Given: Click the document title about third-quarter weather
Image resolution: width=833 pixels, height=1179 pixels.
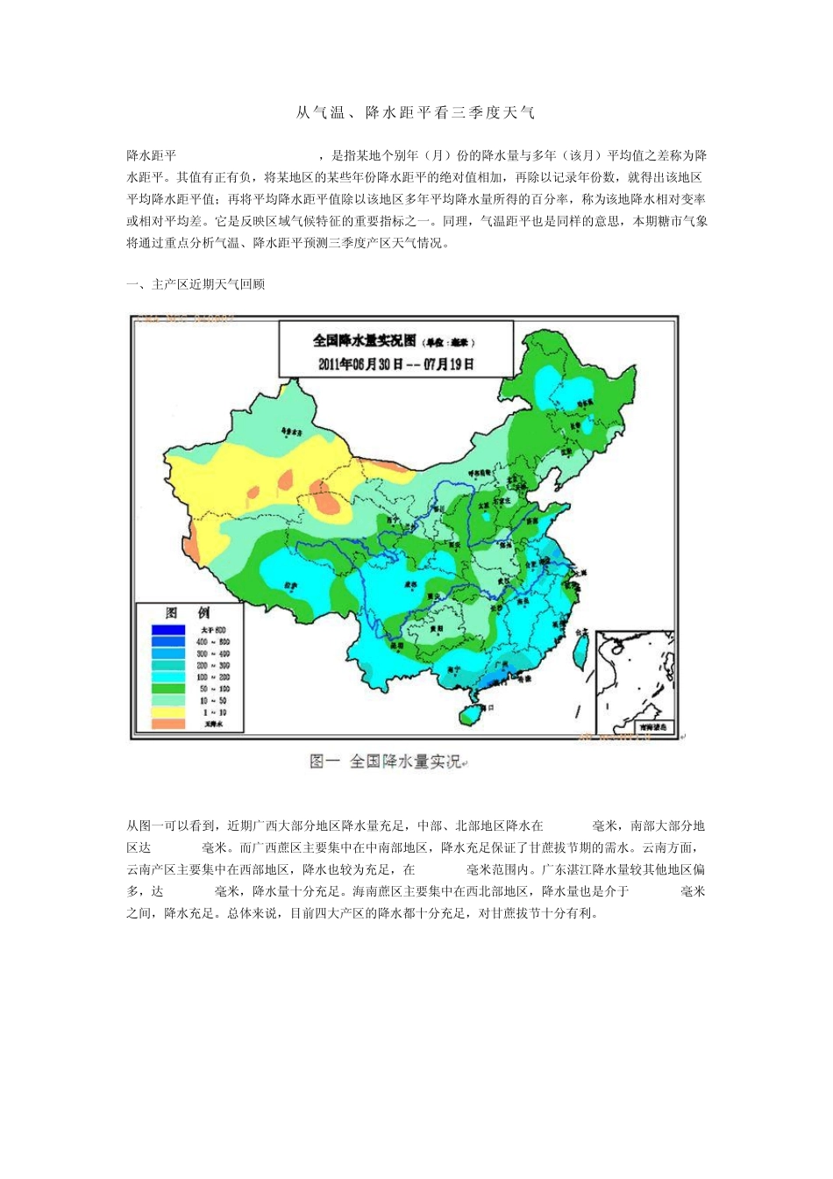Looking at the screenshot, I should click(415, 112).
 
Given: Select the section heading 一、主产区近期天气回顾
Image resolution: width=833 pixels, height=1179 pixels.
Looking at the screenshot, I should click(196, 284).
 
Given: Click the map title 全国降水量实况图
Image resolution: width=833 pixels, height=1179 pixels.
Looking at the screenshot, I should click(367, 340).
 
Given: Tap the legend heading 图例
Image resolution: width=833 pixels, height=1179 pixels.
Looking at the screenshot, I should click(188, 612).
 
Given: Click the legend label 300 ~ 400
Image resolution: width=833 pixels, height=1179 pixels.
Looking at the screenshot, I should click(212, 654).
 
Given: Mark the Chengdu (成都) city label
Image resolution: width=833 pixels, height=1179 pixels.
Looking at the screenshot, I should click(409, 584).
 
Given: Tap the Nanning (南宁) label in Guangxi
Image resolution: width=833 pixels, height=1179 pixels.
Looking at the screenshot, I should click(453, 668).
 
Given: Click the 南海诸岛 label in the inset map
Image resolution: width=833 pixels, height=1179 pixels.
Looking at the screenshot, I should click(652, 726).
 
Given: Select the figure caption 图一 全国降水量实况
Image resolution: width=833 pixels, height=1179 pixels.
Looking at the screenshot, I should click(387, 761).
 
